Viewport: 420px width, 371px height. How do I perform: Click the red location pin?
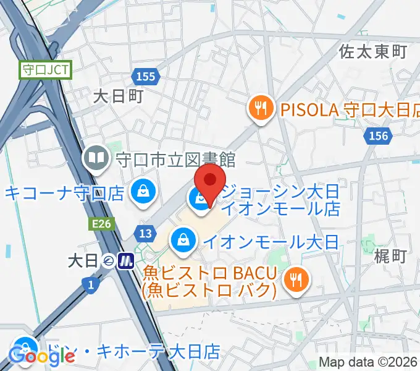pyautogui.click(x=210, y=180)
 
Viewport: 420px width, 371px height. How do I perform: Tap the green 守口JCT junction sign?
pyautogui.click(x=46, y=70)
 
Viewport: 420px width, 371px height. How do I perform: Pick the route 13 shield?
pyautogui.click(x=145, y=234)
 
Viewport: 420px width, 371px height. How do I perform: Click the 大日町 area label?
pyautogui.click(x=118, y=96)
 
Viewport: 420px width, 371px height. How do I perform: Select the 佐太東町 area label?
pyautogui.click(x=372, y=51)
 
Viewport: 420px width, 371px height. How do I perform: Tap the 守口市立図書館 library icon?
pyautogui.click(x=97, y=159)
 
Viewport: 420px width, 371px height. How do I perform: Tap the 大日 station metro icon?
pyautogui.click(x=127, y=261)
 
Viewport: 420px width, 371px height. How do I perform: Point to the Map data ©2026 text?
pyautogui.click(x=369, y=363)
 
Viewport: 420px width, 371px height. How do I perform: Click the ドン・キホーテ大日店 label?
pyautogui.click(x=133, y=352)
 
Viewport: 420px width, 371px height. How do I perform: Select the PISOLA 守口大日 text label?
pyautogui.click(x=346, y=110)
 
